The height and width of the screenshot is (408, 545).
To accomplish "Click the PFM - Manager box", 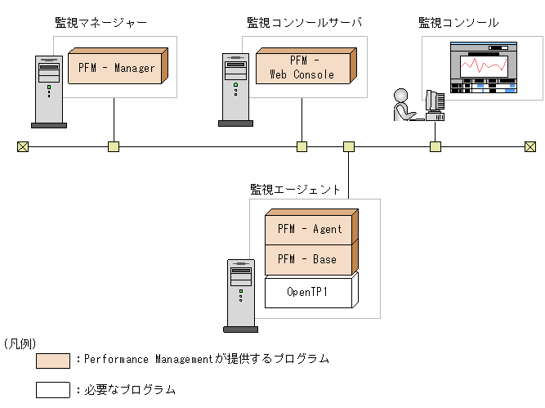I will (x=116, y=68).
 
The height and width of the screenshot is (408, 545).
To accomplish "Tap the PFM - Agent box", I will (x=310, y=229).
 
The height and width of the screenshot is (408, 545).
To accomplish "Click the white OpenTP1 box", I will (x=310, y=291).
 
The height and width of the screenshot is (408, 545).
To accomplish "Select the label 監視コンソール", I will (x=458, y=23).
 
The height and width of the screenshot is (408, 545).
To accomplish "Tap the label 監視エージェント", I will (x=295, y=189).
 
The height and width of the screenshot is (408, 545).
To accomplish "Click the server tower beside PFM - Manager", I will (x=48, y=91).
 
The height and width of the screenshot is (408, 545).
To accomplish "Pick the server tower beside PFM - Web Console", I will (x=235, y=89).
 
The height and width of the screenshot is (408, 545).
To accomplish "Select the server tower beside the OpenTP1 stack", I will (x=241, y=295).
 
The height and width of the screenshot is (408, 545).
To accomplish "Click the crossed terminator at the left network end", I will (x=22, y=147).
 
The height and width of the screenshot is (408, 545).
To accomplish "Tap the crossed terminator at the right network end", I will (x=530, y=147).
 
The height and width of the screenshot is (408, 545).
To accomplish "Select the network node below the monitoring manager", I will (x=114, y=147).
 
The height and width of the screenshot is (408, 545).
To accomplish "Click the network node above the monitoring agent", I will (x=349, y=147).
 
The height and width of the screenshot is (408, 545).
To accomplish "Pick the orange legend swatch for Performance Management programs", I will (x=53, y=361).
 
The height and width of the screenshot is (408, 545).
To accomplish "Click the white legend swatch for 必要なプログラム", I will (x=53, y=389).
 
